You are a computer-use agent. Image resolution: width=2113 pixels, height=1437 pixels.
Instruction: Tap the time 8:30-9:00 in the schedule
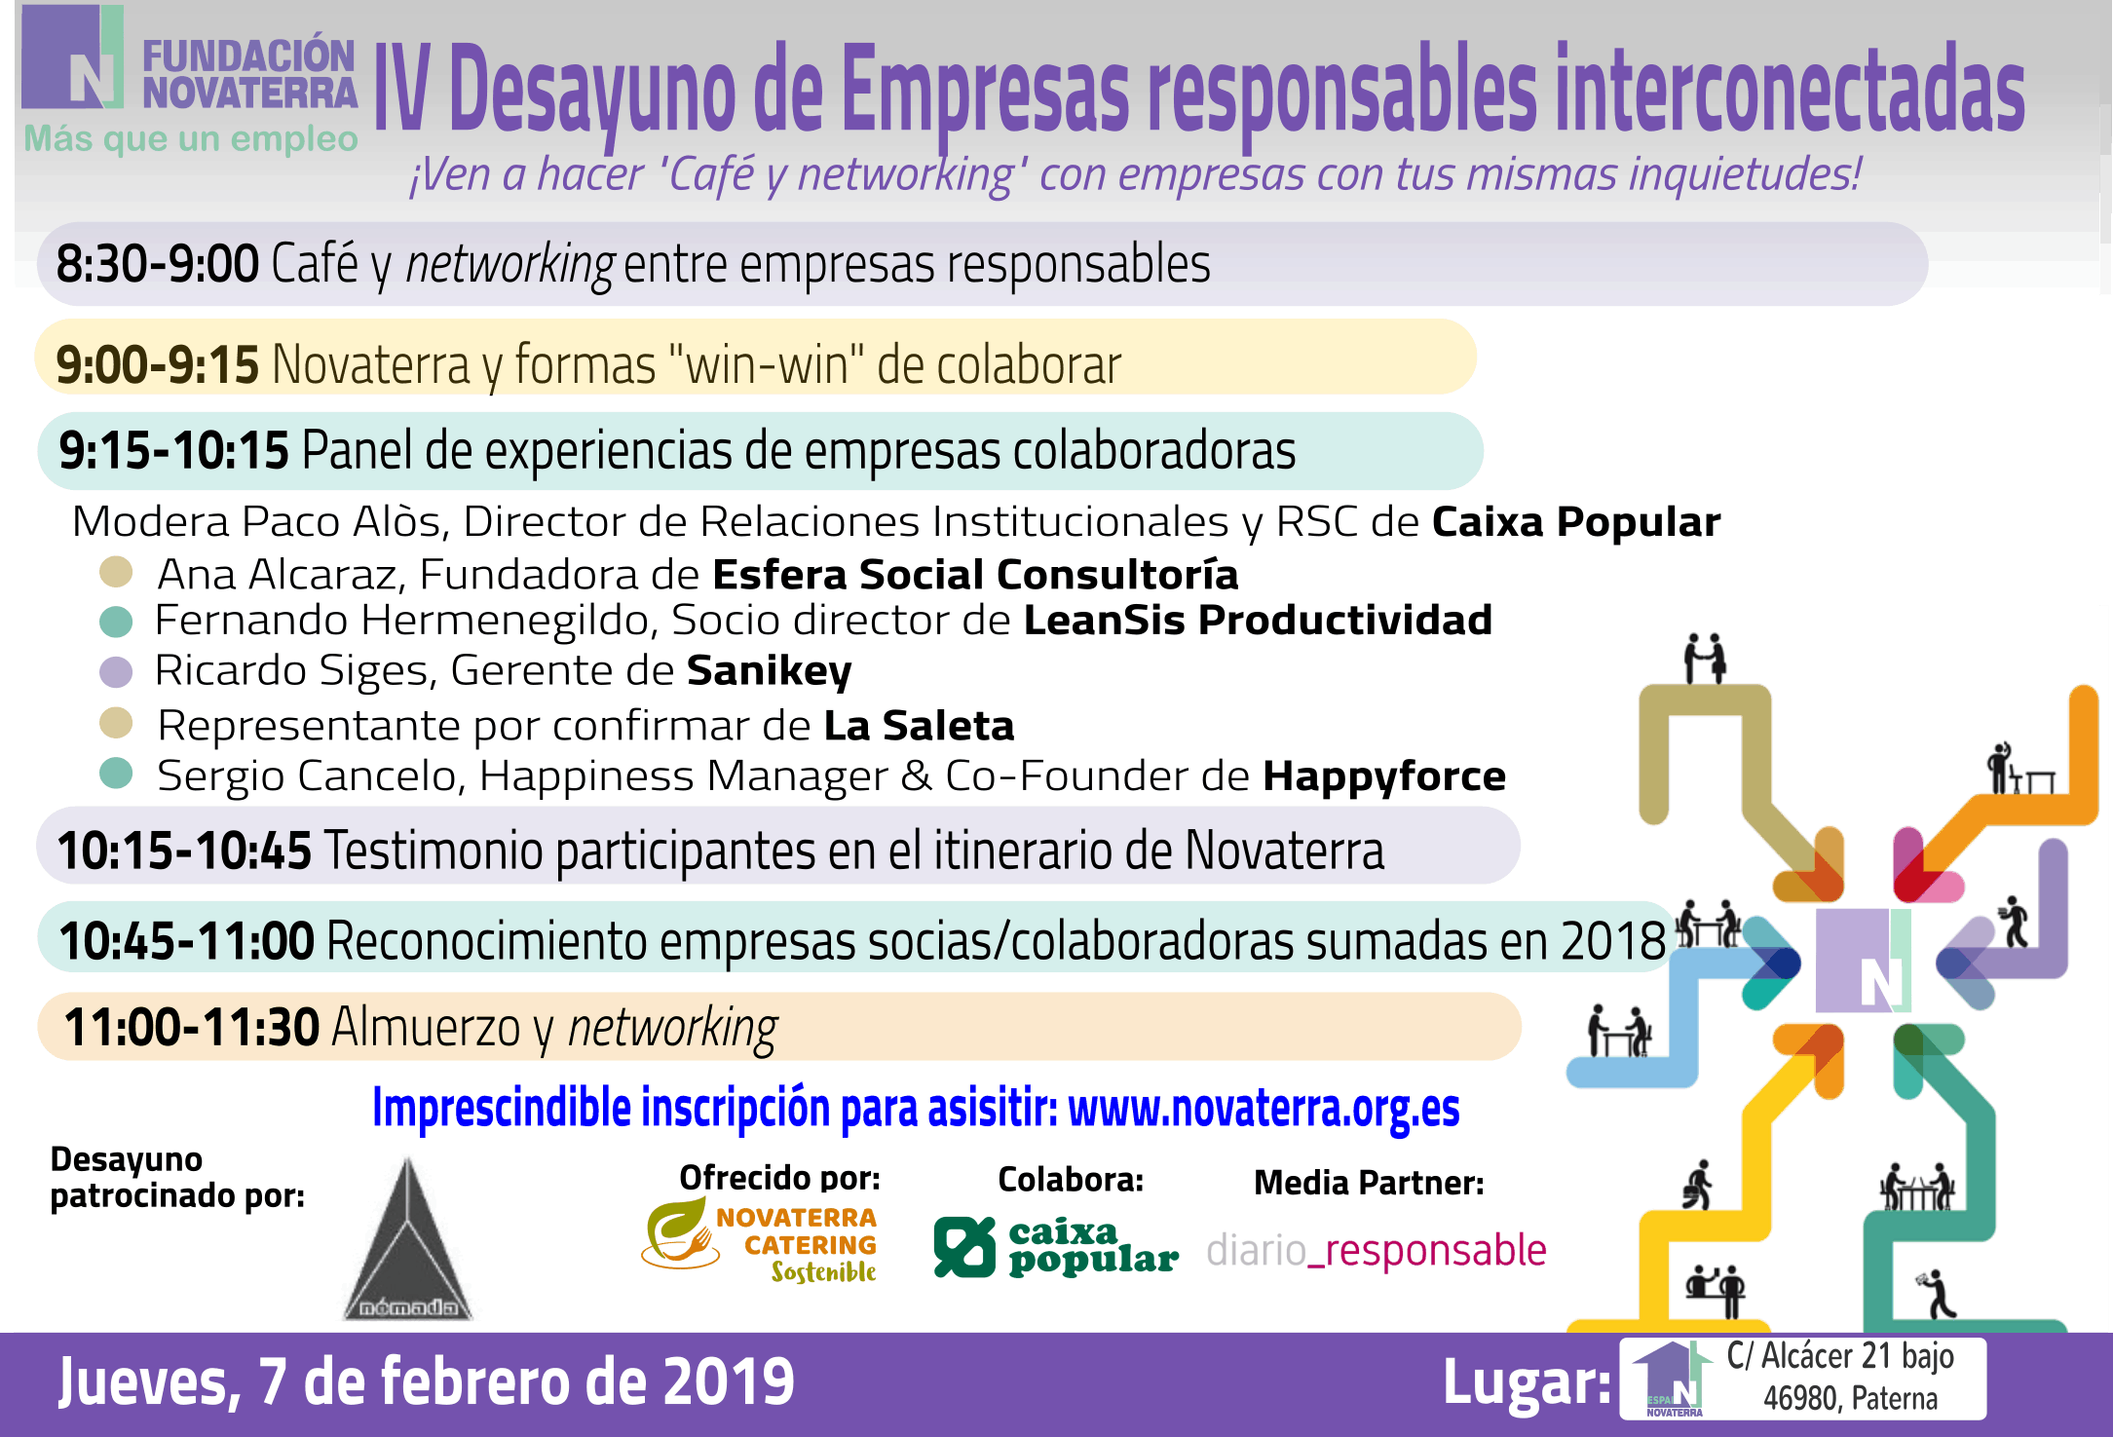pyautogui.click(x=157, y=264)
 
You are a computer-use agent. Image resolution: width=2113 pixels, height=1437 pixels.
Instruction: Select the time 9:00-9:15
pyautogui.click(x=157, y=364)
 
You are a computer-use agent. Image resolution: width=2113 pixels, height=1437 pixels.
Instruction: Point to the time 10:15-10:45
pyautogui.click(x=184, y=851)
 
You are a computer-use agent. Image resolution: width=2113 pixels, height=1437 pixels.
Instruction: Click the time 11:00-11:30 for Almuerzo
pyautogui.click(x=192, y=1027)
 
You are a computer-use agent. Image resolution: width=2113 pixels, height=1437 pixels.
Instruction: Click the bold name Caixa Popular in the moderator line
pyautogui.click(x=1575, y=522)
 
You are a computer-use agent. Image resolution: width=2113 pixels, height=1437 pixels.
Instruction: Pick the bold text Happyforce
pyautogui.click(x=1384, y=776)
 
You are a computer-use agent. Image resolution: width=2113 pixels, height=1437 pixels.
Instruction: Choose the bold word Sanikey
pyautogui.click(x=769, y=671)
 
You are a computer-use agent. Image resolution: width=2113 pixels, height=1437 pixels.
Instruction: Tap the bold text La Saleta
pyautogui.click(x=919, y=726)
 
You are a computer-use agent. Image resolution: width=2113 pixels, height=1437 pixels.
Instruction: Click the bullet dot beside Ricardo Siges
pyautogui.click(x=116, y=671)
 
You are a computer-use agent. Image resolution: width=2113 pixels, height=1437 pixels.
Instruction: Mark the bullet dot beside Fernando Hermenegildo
pyautogui.click(x=116, y=622)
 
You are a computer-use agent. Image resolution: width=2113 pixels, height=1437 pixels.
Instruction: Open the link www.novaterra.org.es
pyautogui.click(x=1264, y=1108)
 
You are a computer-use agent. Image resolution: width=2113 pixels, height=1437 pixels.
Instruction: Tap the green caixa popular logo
pyautogui.click(x=1055, y=1246)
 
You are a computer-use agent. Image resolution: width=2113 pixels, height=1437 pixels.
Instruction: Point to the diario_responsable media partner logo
pyautogui.click(x=1376, y=1250)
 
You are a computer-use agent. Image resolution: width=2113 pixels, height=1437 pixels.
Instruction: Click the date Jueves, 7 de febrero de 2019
pyautogui.click(x=427, y=1382)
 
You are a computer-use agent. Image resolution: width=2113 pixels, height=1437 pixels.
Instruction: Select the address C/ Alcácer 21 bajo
pyautogui.click(x=1840, y=1356)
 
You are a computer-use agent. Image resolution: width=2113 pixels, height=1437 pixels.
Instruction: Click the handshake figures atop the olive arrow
pyautogui.click(x=1706, y=658)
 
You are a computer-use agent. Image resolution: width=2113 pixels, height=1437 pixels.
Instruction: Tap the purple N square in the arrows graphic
pyautogui.click(x=1862, y=961)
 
